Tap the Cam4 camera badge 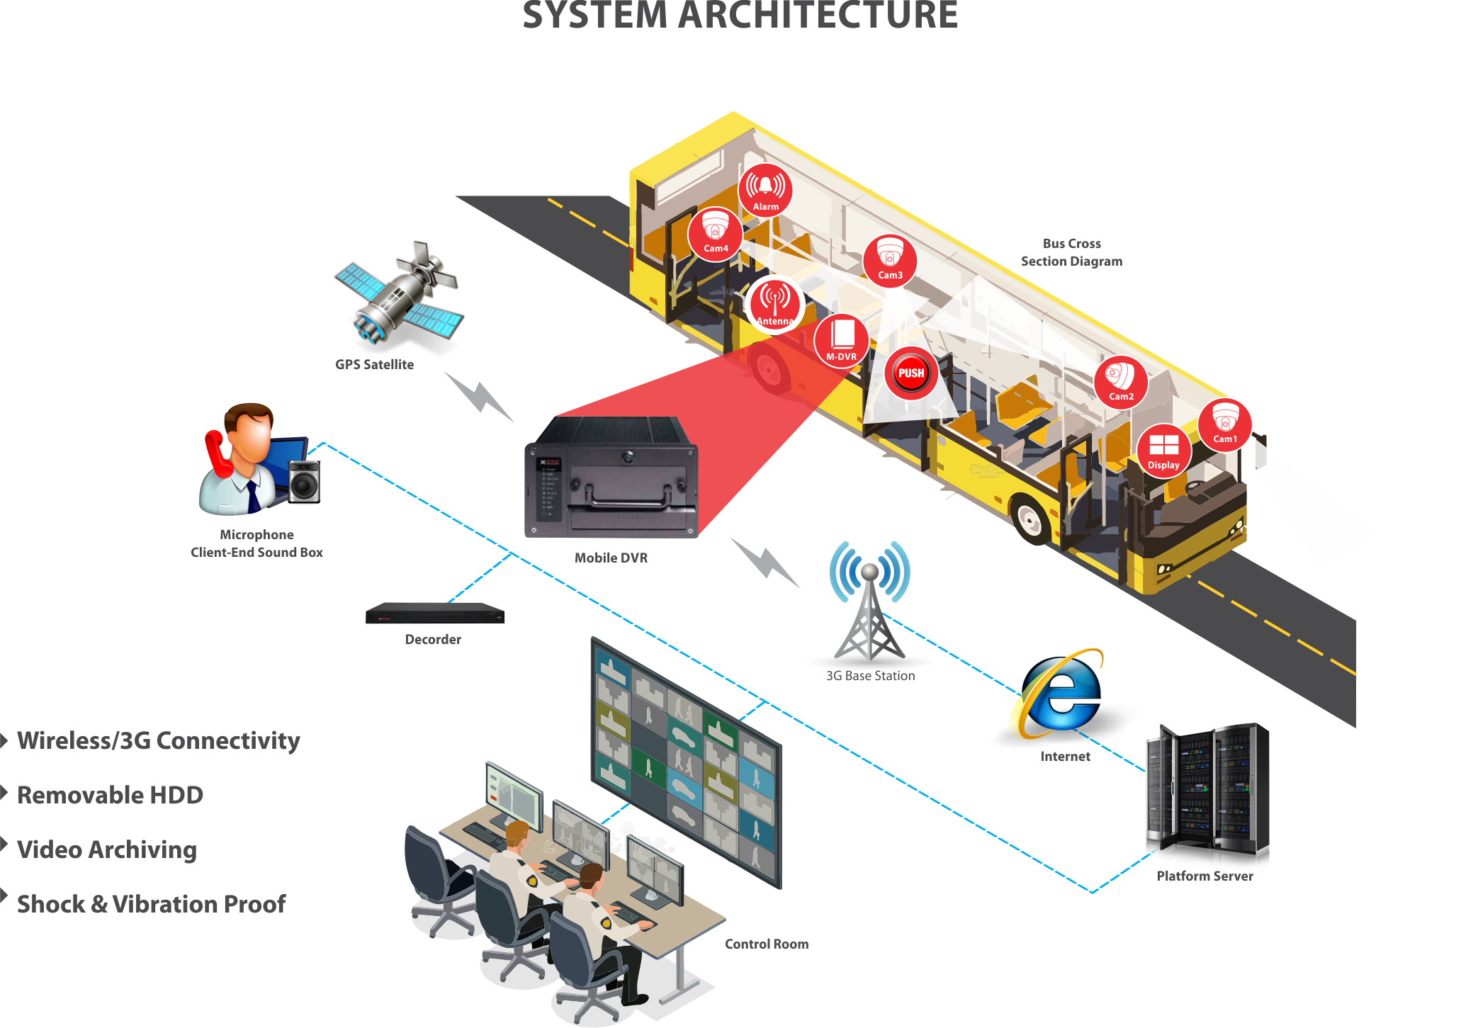click(715, 234)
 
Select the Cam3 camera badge click(890, 260)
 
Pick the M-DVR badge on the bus click(841, 340)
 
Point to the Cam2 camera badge click(1121, 382)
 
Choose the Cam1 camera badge click(1225, 425)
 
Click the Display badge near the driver click(1163, 451)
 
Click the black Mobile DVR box click(611, 478)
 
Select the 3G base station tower click(869, 602)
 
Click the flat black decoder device click(434, 614)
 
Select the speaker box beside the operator click(305, 482)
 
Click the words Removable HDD click(110, 795)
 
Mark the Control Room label click(766, 944)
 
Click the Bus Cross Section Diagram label click(1071, 252)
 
